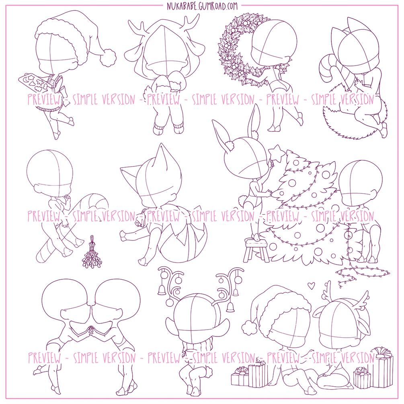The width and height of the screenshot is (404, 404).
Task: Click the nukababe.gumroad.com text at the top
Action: click(x=202, y=6)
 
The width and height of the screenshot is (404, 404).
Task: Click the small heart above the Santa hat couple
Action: click(x=312, y=285)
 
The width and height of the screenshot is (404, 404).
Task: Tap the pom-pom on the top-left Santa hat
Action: click(x=108, y=58)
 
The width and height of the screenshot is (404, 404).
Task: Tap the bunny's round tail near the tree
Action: click(x=242, y=199)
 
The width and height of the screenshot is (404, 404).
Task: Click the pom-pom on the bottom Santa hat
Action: click(x=249, y=328)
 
